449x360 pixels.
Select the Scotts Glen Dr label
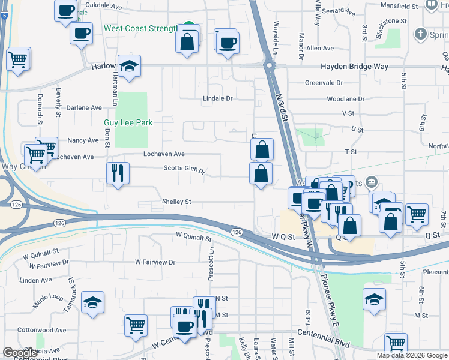pyautogui.click(x=184, y=169)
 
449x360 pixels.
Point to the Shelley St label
pyautogui.click(x=176, y=202)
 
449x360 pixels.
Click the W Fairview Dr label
pyautogui.click(x=155, y=262)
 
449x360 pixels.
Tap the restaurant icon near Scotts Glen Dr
pyautogui.click(x=118, y=173)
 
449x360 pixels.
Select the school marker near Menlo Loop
pyautogui.click(x=92, y=303)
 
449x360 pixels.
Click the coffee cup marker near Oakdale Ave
pyautogui.click(x=66, y=10)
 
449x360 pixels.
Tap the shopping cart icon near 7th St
pyautogui.click(x=417, y=214)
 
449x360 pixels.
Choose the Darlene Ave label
pyautogui.click(x=84, y=108)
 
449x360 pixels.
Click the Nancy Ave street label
pyautogui.click(x=83, y=140)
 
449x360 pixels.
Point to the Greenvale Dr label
pyautogui.click(x=324, y=83)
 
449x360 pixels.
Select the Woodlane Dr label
pyautogui.click(x=345, y=98)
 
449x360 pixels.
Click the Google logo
pyautogui.click(x=20, y=353)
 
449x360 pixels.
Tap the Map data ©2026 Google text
pyautogui.click(x=412, y=355)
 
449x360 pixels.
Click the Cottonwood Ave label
pyautogui.click(x=41, y=330)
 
